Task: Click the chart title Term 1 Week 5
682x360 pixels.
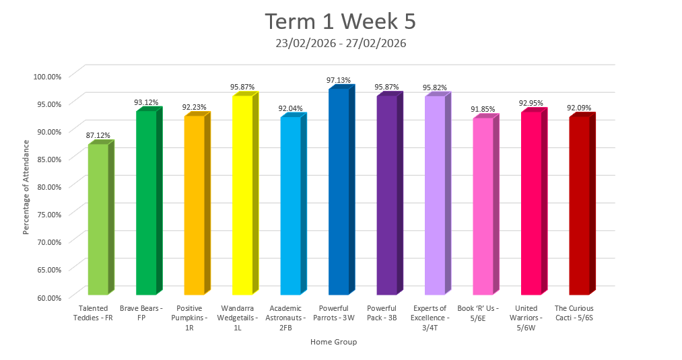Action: (x=340, y=22)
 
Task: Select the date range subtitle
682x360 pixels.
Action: (x=340, y=43)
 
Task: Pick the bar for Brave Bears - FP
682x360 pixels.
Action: (x=146, y=203)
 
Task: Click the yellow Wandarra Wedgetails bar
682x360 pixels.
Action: (x=242, y=195)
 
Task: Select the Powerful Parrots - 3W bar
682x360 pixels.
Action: (x=339, y=192)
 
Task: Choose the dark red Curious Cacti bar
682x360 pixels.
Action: (x=579, y=206)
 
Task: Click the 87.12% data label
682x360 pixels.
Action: (x=98, y=136)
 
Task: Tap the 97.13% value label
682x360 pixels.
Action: (x=339, y=80)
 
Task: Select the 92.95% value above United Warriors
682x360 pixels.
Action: (x=531, y=103)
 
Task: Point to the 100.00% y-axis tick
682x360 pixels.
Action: (x=47, y=76)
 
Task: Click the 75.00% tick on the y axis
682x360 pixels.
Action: (x=47, y=214)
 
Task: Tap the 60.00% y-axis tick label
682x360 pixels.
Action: (x=47, y=297)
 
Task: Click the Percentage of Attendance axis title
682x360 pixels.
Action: (x=26, y=187)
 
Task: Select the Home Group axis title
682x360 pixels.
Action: (x=333, y=342)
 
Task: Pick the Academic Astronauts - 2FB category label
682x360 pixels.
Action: (x=290, y=317)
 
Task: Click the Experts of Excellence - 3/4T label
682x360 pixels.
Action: (x=434, y=317)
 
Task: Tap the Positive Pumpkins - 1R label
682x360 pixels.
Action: (x=194, y=317)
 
